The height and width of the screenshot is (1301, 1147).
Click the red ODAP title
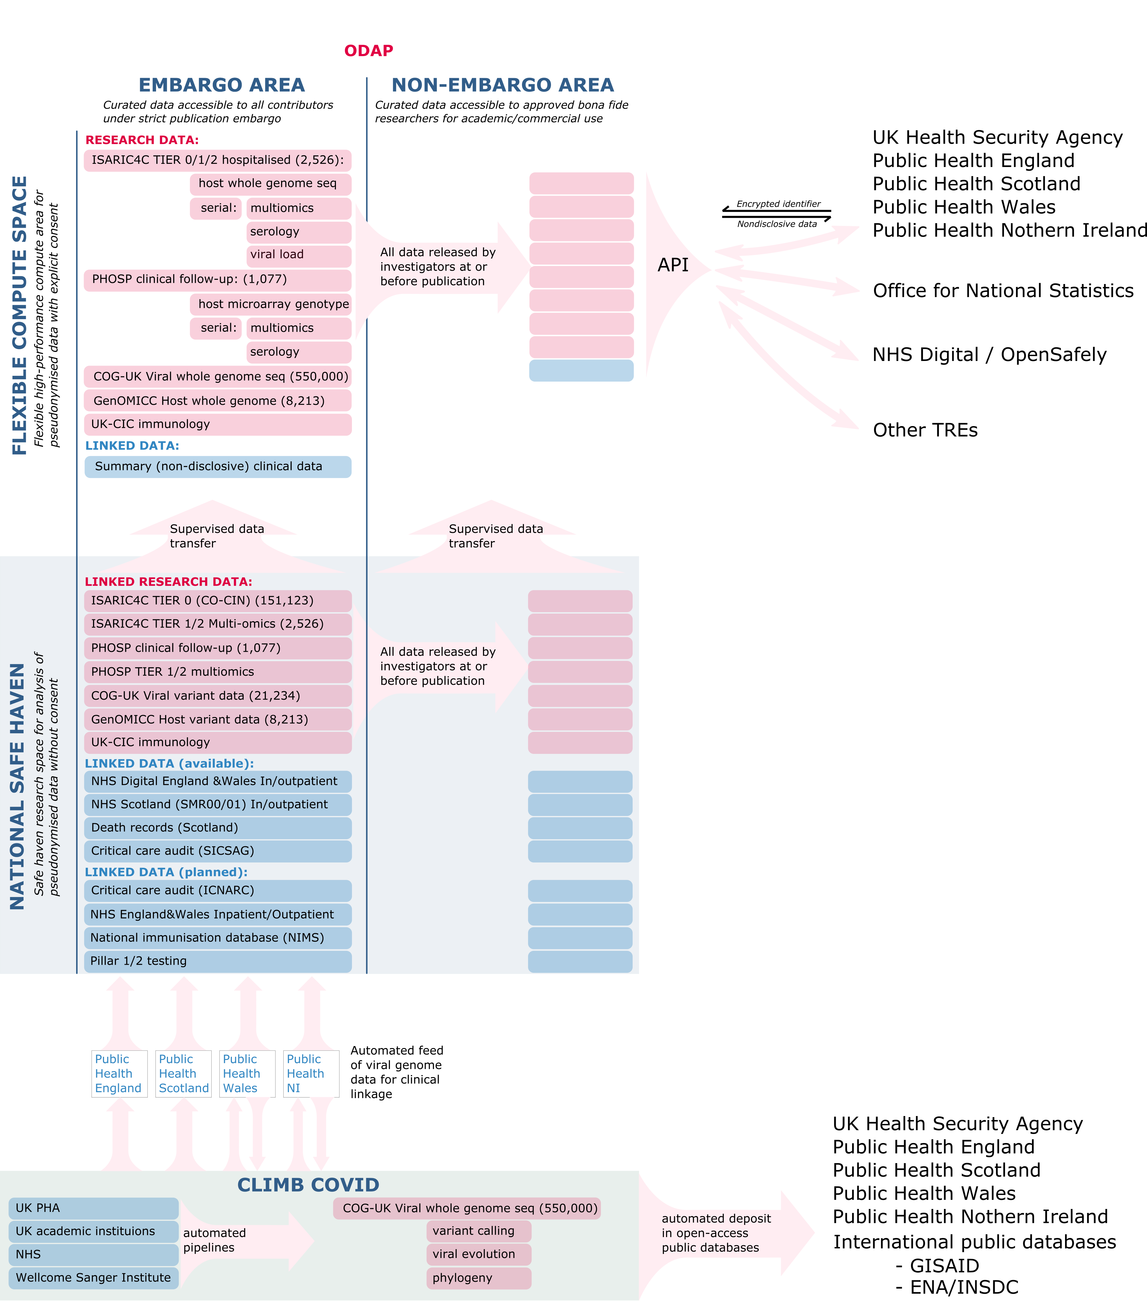368,51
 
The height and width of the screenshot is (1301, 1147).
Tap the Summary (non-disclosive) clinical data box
218,467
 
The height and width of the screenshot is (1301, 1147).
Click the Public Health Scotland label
183,1074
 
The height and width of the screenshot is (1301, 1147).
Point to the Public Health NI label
305,1074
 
